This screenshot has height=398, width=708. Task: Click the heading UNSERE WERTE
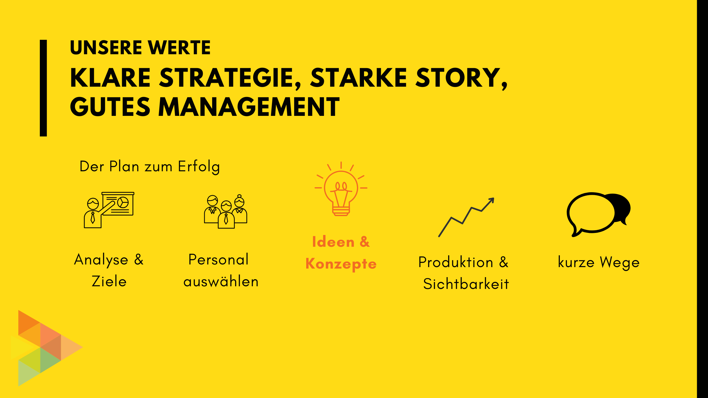pos(140,47)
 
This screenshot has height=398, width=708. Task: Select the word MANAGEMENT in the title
pos(249,107)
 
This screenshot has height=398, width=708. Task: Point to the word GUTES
pos(110,107)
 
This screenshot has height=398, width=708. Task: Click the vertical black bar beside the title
pos(43,88)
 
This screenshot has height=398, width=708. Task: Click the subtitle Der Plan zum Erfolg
pos(150,167)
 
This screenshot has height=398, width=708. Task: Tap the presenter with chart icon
pos(109,210)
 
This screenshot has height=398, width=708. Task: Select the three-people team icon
pos(226,211)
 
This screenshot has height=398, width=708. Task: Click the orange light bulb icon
pos(341,189)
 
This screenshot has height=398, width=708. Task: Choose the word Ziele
pos(109,281)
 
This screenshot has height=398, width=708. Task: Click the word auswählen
pos(221,281)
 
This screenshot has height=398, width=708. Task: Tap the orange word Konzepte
pos(341,264)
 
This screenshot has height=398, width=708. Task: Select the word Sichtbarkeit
pos(466,284)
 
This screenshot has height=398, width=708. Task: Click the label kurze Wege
pos(599,262)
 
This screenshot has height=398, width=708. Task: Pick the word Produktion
pos(456,262)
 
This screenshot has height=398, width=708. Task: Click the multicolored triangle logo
pos(47,348)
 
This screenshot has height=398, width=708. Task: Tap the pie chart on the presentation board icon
pos(123,203)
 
